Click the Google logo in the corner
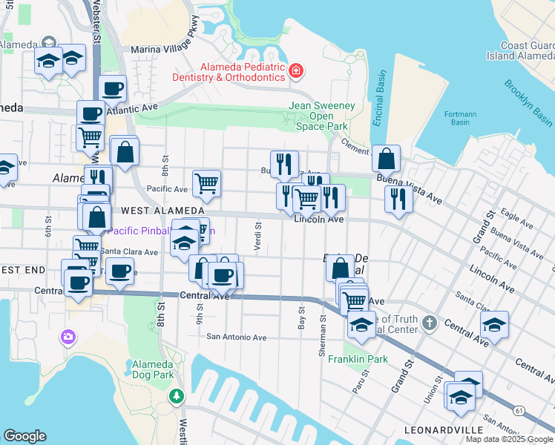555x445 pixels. tap(24, 436)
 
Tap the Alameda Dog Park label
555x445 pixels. tap(152, 369)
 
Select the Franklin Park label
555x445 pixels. tap(367, 359)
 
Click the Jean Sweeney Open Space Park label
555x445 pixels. tap(321, 116)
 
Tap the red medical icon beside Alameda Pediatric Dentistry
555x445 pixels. tap(296, 71)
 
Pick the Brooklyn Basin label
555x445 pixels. tap(528, 102)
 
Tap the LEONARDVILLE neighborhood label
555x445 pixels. tap(439, 430)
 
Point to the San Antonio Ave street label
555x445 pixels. tap(236, 337)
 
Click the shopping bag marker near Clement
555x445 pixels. tap(386, 158)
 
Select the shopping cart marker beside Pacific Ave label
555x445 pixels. tap(206, 182)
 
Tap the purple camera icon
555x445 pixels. tap(68, 337)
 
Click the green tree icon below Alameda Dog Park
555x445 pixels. tap(177, 396)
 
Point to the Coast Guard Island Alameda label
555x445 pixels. tap(520, 50)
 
